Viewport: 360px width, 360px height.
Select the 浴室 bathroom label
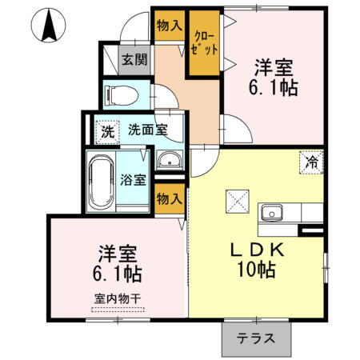133,179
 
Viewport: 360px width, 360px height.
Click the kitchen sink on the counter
272,214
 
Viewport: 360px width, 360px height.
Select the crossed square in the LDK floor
237,198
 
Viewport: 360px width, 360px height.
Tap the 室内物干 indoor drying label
117,299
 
